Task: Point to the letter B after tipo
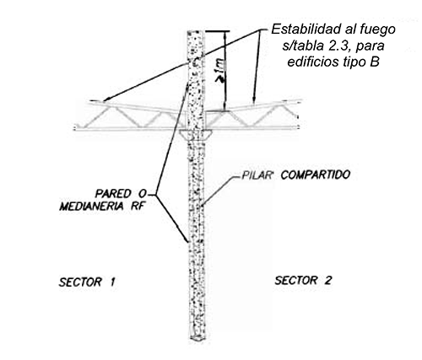(x=375, y=62)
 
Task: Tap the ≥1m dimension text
(x=221, y=71)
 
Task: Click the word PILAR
(x=257, y=175)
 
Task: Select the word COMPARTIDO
(x=316, y=175)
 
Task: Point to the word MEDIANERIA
(x=91, y=207)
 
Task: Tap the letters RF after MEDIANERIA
(x=138, y=207)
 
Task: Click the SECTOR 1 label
(x=87, y=282)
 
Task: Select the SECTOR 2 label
(x=303, y=281)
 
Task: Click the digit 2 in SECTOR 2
(x=327, y=281)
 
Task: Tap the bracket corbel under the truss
(x=196, y=135)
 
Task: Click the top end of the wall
(x=196, y=31)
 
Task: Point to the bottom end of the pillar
(x=199, y=338)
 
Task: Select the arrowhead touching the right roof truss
(x=254, y=102)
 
